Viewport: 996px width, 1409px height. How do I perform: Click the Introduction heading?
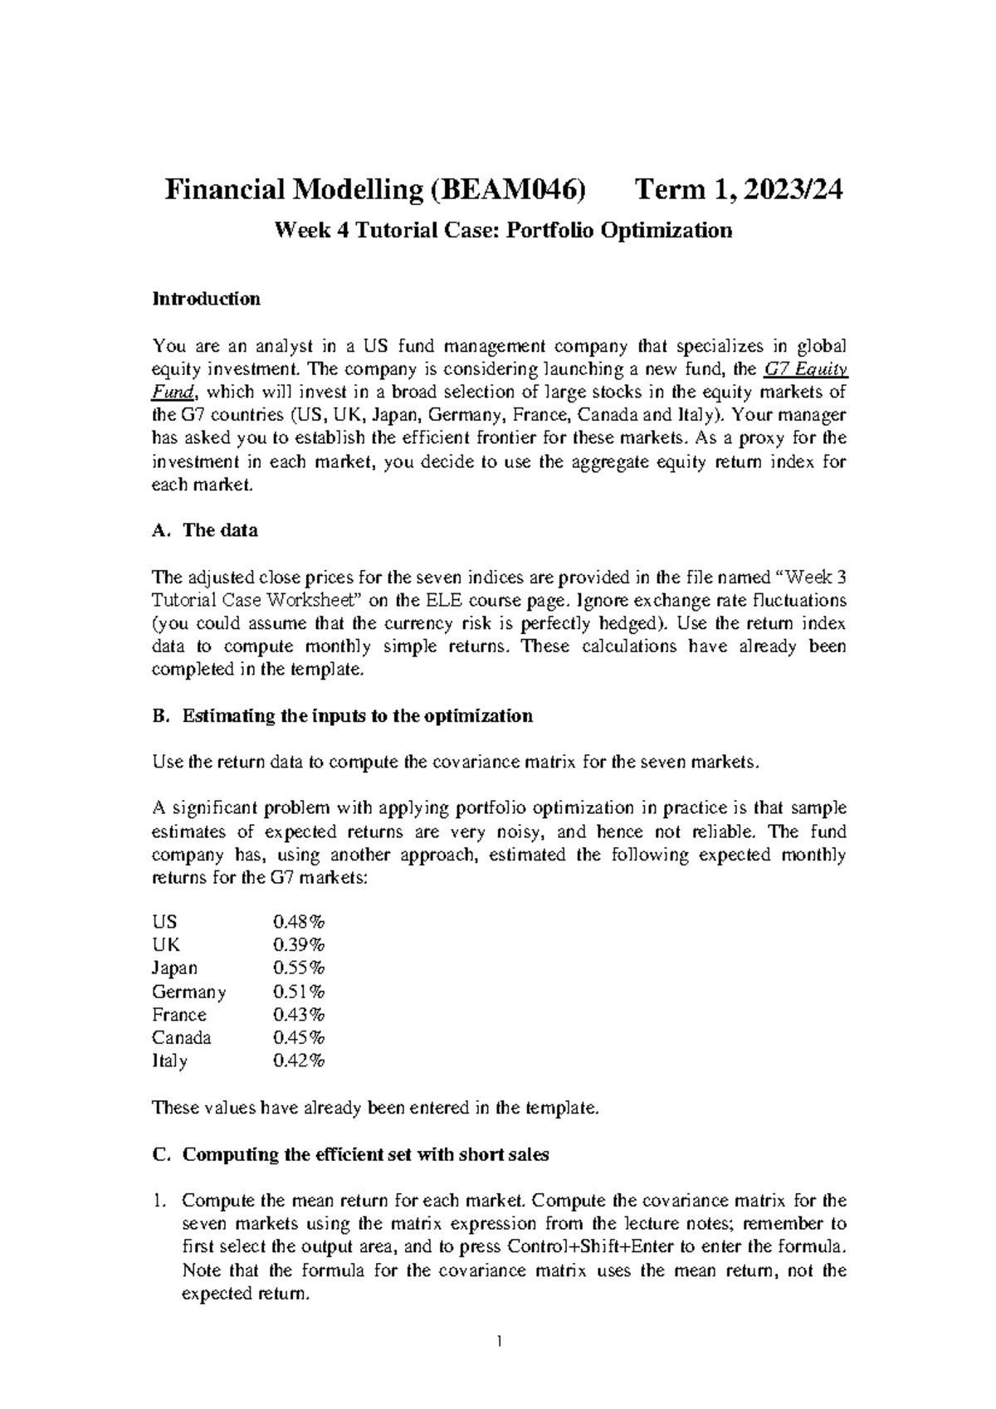tap(206, 299)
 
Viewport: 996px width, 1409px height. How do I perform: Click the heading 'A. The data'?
tap(205, 530)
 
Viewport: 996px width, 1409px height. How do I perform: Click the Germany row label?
tap(188, 992)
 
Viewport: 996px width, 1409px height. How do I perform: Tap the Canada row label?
tap(181, 1037)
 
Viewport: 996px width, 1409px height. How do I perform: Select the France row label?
tap(178, 1014)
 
